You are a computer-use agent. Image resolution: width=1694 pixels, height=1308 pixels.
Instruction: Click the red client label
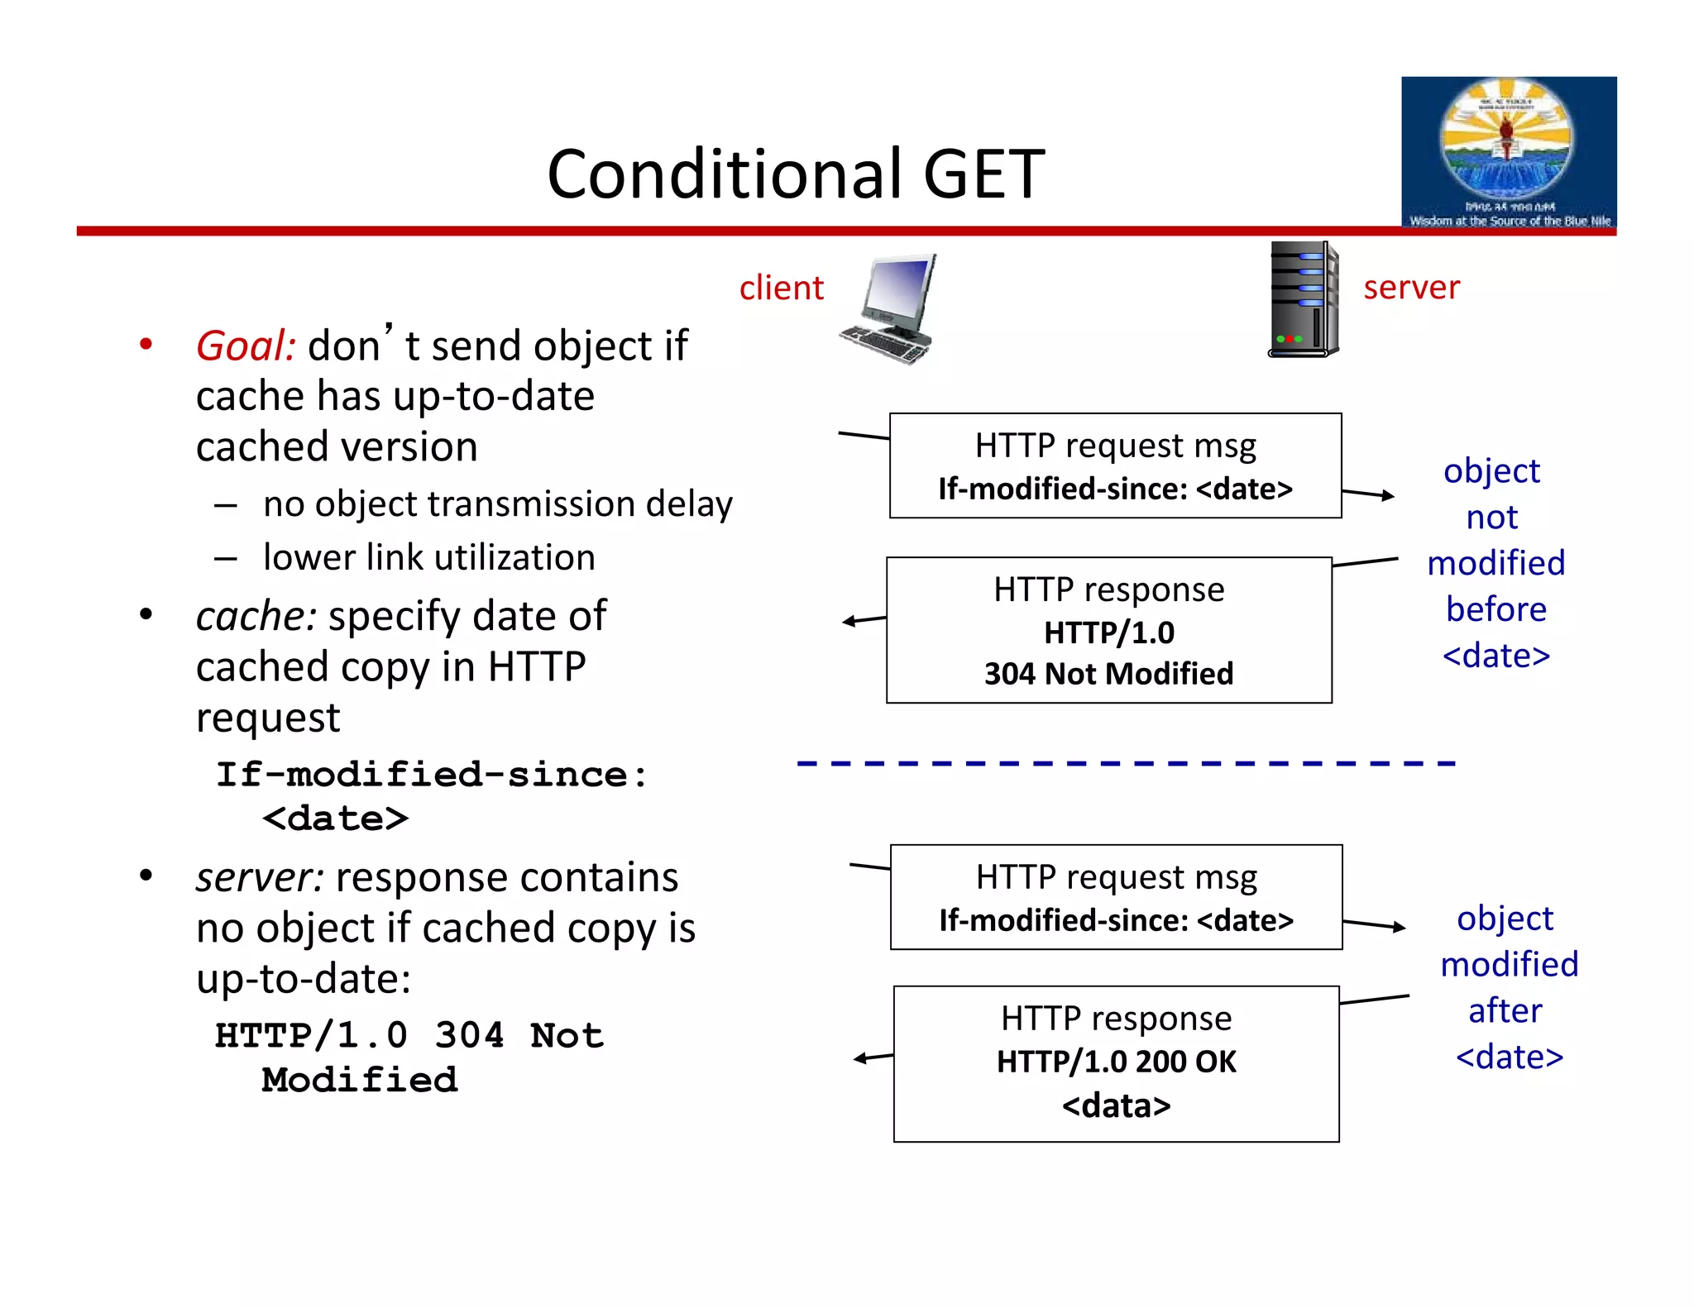(781, 288)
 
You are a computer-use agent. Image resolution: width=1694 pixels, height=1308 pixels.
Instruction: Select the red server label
(1411, 287)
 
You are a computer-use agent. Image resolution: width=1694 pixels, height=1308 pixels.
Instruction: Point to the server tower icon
(1304, 299)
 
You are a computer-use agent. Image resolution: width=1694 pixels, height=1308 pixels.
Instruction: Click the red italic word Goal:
(246, 346)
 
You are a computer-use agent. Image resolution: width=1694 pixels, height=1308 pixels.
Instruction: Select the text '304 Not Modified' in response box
(1108, 674)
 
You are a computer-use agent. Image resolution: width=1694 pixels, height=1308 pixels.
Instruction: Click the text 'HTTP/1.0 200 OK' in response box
(1116, 1062)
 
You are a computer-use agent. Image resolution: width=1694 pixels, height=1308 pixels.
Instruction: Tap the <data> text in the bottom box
(1116, 1105)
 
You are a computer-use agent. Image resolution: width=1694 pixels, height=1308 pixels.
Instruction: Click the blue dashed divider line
(1125, 763)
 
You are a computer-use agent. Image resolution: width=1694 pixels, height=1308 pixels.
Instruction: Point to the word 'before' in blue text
(1495, 609)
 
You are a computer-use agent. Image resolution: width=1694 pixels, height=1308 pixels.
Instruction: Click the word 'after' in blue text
(1505, 1010)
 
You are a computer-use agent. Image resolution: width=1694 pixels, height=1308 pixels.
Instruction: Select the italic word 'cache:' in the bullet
(256, 616)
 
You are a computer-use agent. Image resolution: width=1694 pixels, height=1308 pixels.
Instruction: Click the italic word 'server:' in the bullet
(260, 877)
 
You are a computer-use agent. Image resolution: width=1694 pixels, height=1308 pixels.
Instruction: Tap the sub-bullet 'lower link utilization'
(428, 557)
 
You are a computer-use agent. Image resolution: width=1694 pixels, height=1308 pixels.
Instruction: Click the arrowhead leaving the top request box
(1388, 496)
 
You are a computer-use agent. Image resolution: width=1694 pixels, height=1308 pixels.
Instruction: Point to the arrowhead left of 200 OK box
(860, 1058)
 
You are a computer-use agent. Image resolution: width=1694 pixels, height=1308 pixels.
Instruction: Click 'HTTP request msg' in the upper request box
(1115, 446)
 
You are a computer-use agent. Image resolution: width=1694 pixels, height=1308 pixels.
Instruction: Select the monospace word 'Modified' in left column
(359, 1080)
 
